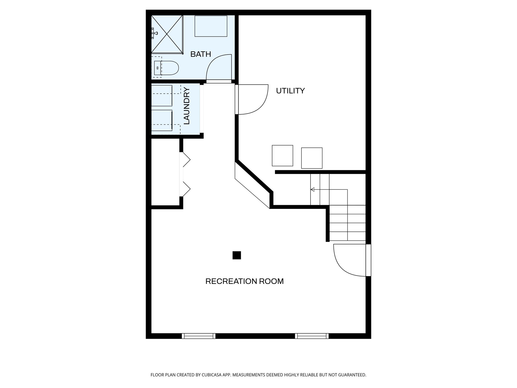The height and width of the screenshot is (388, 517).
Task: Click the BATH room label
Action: pyautogui.click(x=200, y=54)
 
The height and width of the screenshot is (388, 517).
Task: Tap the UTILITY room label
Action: pyautogui.click(x=290, y=91)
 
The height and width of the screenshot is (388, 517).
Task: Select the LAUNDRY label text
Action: pyautogui.click(x=187, y=106)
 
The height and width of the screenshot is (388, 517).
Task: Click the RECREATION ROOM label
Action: pyautogui.click(x=244, y=281)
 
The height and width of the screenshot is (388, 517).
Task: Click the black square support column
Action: pyautogui.click(x=237, y=255)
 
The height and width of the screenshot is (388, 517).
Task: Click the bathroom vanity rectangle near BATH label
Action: pyautogui.click(x=211, y=26)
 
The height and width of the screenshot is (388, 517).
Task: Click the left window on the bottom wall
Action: pyautogui.click(x=199, y=336)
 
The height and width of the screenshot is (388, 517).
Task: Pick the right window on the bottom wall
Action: pyautogui.click(x=312, y=336)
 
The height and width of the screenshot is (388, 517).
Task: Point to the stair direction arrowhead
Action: pyautogui.click(x=312, y=189)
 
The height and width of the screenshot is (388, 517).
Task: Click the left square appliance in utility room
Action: pyautogui.click(x=282, y=156)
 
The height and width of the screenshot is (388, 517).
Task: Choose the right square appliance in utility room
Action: pyautogui.click(x=312, y=158)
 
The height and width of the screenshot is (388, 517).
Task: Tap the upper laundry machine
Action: pyautogui.click(x=162, y=95)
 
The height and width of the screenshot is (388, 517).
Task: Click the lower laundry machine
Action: pyautogui.click(x=162, y=120)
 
